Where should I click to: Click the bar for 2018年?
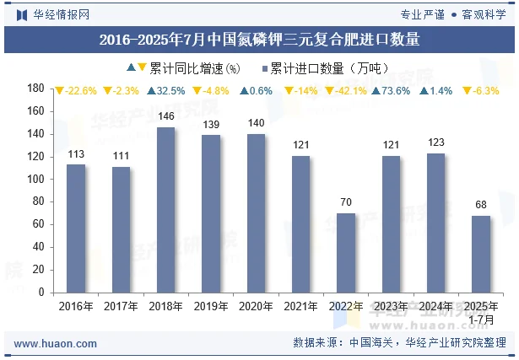coord(165,210)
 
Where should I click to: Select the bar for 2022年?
coord(345,253)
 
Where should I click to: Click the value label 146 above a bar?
coord(165,116)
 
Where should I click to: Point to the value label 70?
coord(345,203)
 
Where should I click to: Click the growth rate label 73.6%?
coord(391,91)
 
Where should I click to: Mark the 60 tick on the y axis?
coord(39,224)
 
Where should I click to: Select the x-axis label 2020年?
coord(256,307)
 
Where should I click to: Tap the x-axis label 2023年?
coord(391,307)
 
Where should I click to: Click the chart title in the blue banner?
coord(259,39)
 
